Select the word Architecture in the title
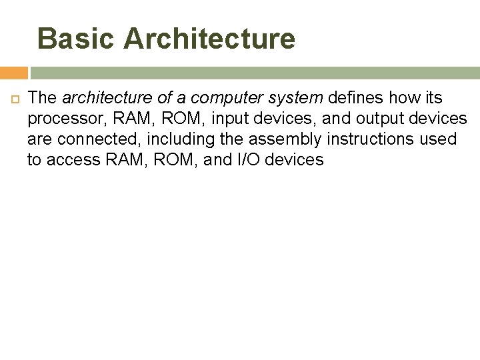[209, 39]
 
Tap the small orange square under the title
[13, 73]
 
